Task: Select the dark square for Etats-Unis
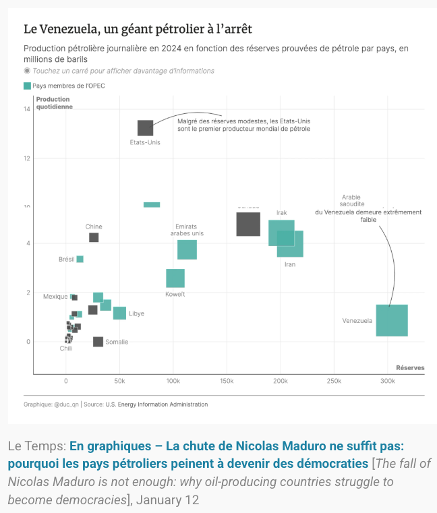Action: [145, 127]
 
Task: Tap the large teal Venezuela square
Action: [392, 320]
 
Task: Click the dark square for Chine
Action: [94, 237]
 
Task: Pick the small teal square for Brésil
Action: [80, 259]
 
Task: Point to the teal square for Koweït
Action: [175, 278]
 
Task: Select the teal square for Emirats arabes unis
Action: [187, 249]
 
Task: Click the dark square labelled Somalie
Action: [98, 342]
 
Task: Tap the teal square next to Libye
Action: [119, 313]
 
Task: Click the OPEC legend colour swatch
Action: [27, 86]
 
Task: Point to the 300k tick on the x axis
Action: [387, 382]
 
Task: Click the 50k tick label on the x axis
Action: [119, 382]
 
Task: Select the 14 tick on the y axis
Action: [27, 109]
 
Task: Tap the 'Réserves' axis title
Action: [410, 367]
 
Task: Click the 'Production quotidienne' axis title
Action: [55, 103]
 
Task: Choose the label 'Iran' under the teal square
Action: [290, 264]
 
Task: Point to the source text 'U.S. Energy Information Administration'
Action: [156, 404]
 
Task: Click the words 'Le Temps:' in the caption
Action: [36, 446]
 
